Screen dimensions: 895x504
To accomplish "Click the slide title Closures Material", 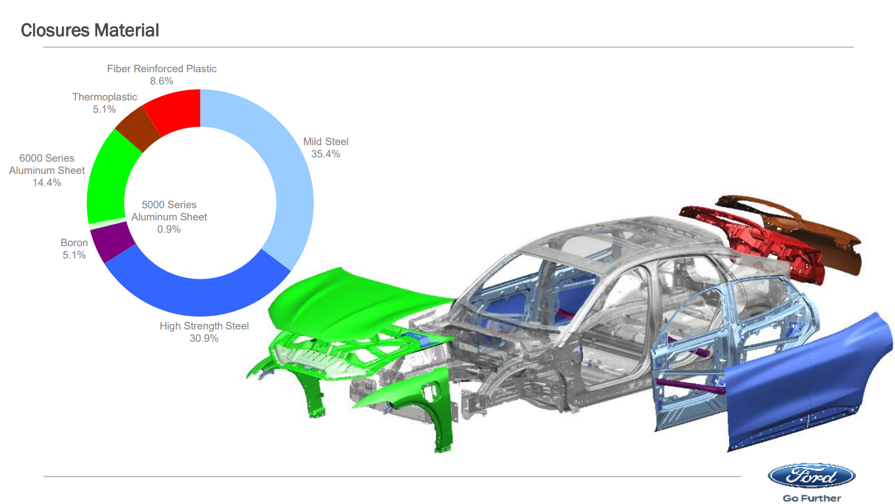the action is (x=90, y=31).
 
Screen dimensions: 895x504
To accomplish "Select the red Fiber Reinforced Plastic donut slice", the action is (x=176, y=110).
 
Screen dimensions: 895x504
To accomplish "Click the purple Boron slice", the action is (x=112, y=242).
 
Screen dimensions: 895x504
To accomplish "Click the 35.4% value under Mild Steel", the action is (x=325, y=154).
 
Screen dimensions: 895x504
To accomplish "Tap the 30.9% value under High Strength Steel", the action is (x=204, y=339).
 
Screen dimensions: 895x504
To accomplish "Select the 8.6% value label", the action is (x=162, y=81).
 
